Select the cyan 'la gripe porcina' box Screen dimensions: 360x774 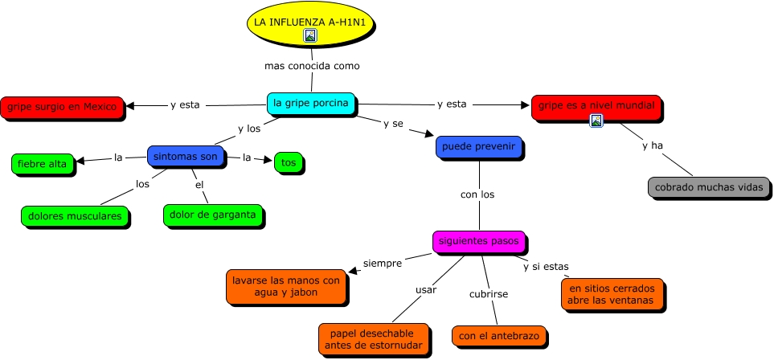tap(311, 103)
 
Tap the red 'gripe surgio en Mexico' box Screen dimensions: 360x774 tap(62, 107)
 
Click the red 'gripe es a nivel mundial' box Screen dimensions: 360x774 tap(596, 106)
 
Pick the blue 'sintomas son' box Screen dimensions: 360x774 tap(186, 157)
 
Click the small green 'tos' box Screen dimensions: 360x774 tap(288, 163)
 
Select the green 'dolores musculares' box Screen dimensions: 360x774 tap(75, 216)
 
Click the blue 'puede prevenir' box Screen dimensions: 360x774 tap(480, 148)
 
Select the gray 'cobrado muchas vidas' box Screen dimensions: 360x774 tap(708, 187)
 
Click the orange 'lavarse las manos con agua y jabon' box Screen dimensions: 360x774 tap(286, 287)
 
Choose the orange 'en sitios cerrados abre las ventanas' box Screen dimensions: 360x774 tap(612, 294)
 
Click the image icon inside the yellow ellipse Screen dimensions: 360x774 tap(310, 35)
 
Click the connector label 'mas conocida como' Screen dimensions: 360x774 tap(312, 66)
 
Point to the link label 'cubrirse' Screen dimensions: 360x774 tap(489, 294)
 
